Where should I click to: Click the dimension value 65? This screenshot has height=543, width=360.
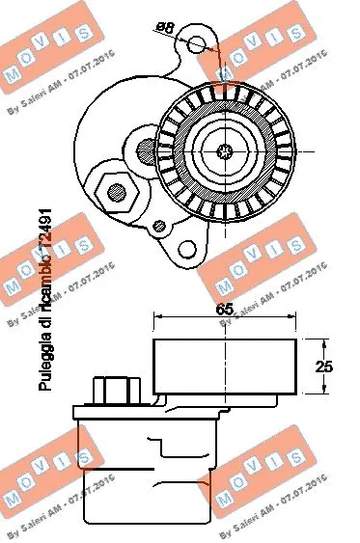(225, 310)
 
